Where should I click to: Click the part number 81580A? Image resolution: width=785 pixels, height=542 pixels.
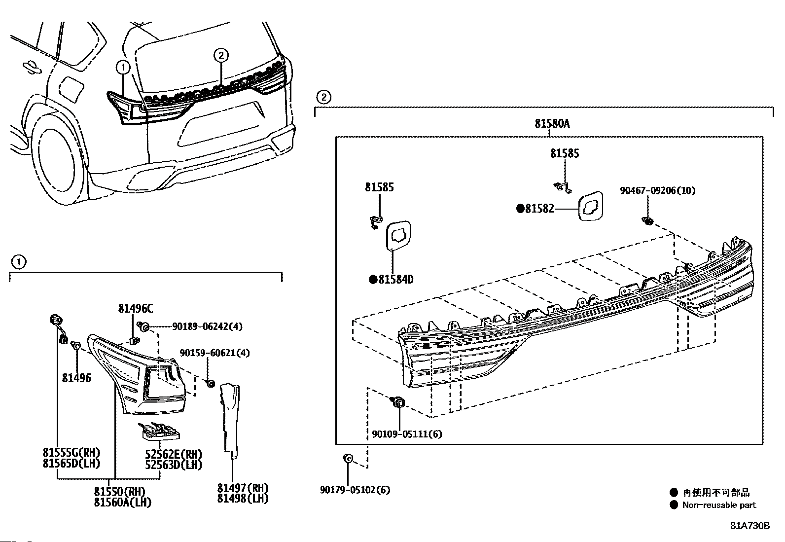click(x=552, y=124)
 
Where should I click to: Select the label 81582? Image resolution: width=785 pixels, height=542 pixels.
click(x=539, y=209)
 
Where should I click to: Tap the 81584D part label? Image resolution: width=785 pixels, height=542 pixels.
click(x=395, y=280)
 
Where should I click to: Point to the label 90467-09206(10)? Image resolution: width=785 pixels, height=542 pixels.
click(x=657, y=190)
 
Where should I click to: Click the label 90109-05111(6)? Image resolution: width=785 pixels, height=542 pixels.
click(x=407, y=434)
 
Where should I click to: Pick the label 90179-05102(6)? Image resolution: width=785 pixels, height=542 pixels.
click(x=355, y=490)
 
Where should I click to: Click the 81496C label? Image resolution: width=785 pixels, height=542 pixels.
click(x=135, y=309)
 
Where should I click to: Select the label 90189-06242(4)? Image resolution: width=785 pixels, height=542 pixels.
click(x=207, y=326)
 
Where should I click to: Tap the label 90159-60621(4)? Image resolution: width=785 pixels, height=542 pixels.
click(x=214, y=353)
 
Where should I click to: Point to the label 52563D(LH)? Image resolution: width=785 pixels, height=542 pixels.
click(x=174, y=465)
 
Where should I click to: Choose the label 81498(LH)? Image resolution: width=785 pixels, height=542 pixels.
click(x=243, y=499)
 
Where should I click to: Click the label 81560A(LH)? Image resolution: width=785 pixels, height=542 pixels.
click(x=123, y=503)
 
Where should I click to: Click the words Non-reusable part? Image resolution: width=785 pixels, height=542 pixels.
click(x=718, y=505)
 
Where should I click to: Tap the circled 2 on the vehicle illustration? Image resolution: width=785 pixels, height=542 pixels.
click(x=221, y=55)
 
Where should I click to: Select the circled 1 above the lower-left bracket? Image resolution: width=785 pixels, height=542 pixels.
click(x=18, y=262)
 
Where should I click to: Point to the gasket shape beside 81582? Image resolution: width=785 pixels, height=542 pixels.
click(x=592, y=206)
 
